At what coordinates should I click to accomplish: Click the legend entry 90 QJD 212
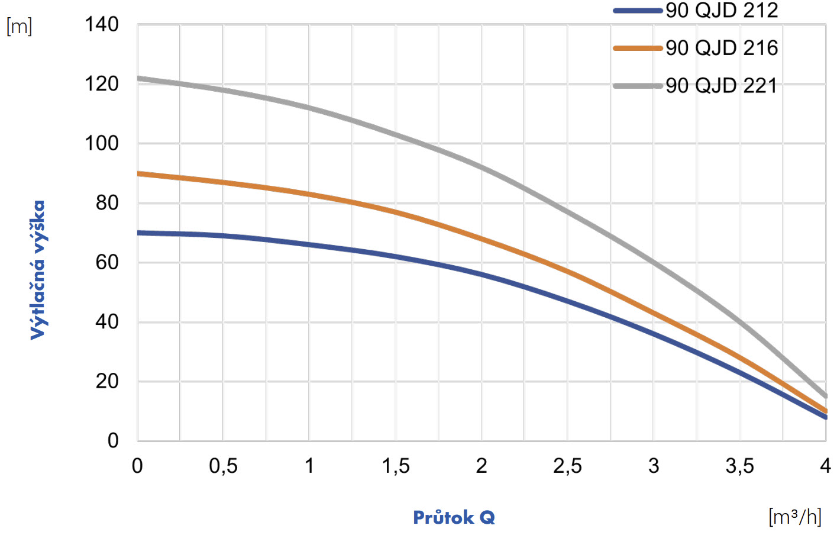pos(721,10)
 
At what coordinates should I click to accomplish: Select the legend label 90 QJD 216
pos(721,48)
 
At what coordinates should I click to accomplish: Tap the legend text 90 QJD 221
pos(721,86)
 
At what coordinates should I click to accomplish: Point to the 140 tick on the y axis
pos(102,25)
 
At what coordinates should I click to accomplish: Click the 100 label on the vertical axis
pos(102,143)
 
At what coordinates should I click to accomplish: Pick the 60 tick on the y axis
pos(107,262)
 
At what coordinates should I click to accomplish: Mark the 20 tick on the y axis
pos(107,381)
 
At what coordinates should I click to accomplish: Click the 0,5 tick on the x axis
pos(223,466)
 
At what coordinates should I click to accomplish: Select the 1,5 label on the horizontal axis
pos(395,466)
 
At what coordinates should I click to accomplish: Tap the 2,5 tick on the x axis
pos(567,466)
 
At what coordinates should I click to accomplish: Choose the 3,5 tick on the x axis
pos(739,466)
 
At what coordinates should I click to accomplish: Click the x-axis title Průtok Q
pos(454,518)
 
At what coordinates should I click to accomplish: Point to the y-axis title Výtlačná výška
pos(38,270)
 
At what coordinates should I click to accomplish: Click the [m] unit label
pos(20,27)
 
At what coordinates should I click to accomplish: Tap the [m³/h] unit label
pos(795,517)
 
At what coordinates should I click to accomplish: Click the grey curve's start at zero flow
pos(138,78)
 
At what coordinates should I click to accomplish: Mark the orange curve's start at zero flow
pos(138,173)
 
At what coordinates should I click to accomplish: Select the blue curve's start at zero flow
pos(138,233)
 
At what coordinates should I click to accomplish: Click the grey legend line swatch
pos(637,86)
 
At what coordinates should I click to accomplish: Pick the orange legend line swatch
pos(637,48)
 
